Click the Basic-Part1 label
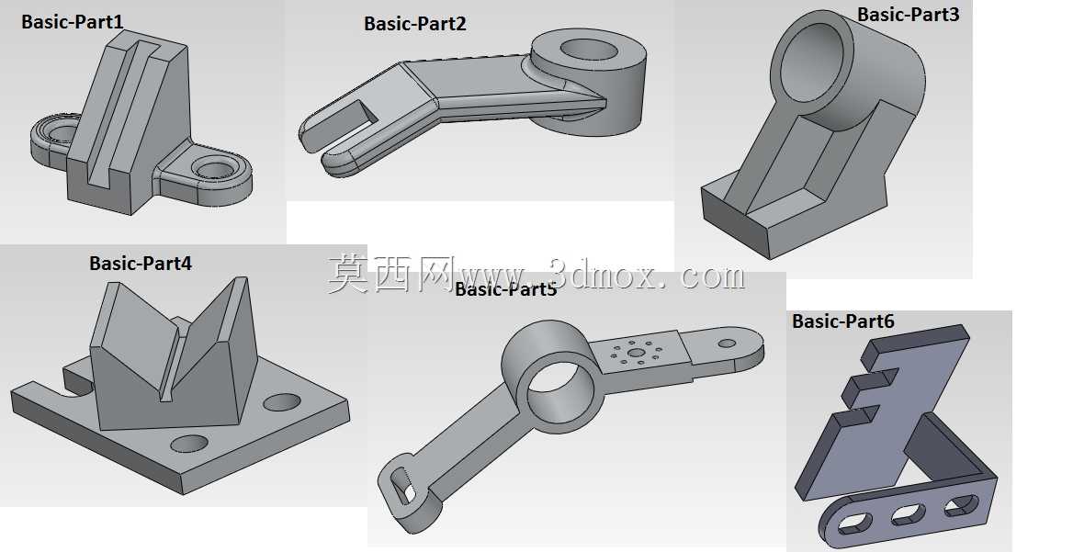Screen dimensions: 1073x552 [73, 22]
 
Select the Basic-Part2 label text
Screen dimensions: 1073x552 [414, 24]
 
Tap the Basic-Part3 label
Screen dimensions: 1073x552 [908, 15]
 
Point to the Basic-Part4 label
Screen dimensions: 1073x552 [141, 264]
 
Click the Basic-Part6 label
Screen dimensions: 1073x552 [843, 321]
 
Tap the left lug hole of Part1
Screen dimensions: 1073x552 [61, 131]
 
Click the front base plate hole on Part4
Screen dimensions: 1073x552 [189, 444]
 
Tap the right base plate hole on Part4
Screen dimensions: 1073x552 [282, 402]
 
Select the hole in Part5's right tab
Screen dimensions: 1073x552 [727, 344]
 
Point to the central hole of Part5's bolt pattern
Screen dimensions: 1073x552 [637, 353]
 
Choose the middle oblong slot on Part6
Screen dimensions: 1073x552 [908, 514]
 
